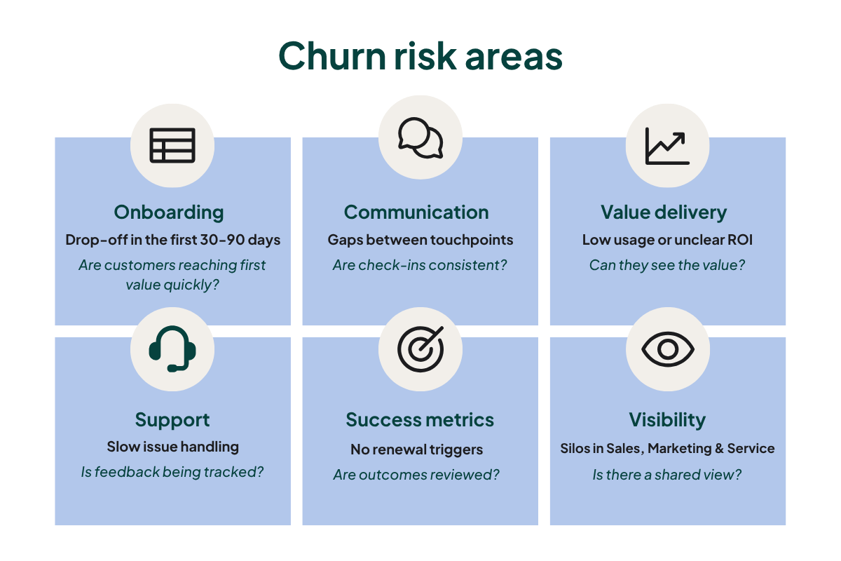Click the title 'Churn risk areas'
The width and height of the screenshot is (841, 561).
[x=420, y=56]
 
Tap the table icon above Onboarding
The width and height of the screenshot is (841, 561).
[x=172, y=145]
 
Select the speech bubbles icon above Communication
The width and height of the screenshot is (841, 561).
[x=420, y=137]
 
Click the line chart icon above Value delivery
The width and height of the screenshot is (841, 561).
[x=667, y=145]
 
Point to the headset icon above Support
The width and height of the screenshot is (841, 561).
[x=172, y=349]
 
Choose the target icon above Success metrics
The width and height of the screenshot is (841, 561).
[x=420, y=349]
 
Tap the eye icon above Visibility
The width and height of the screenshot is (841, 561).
[x=667, y=349]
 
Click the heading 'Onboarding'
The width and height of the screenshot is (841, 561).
[x=169, y=212]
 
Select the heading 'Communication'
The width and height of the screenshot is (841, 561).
[x=416, y=212]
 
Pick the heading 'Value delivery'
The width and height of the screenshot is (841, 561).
[x=664, y=212]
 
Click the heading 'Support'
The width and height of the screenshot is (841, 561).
[x=172, y=420]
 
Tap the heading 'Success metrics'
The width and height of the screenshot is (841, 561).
[x=420, y=420]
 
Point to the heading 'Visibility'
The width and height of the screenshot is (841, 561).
[x=667, y=420]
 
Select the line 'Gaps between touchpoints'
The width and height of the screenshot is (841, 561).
[x=420, y=240]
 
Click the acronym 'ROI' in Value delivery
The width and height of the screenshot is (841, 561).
[x=739, y=240]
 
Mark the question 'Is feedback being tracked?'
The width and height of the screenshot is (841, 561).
[x=172, y=472]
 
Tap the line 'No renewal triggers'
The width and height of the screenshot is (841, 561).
[x=416, y=449]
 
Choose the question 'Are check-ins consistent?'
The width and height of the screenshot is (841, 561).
[x=420, y=266]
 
